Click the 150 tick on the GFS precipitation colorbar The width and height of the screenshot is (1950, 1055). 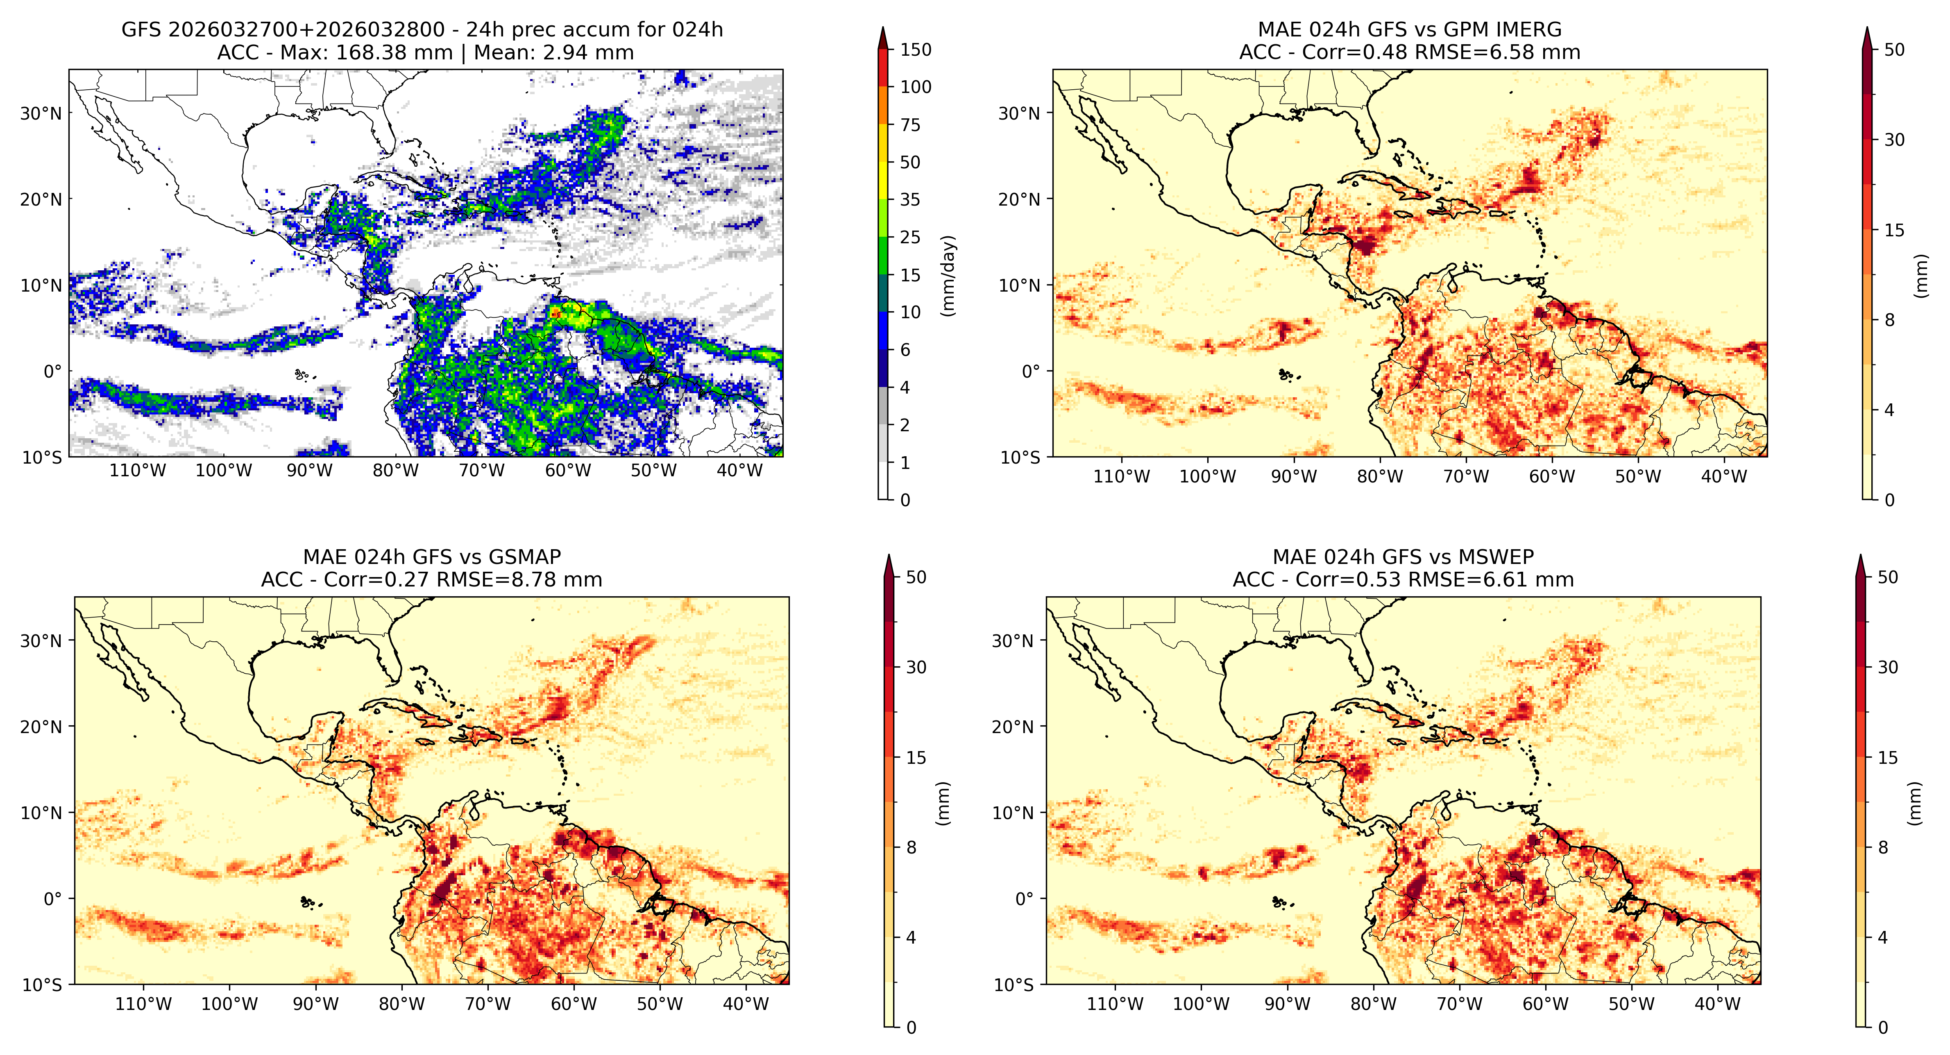(x=915, y=50)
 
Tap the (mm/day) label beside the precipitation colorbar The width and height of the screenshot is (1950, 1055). (x=948, y=276)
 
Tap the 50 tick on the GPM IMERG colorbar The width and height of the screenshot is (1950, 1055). (x=1894, y=50)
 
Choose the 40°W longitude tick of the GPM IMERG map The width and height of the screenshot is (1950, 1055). (x=1724, y=477)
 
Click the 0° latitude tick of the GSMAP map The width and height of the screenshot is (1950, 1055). (x=53, y=899)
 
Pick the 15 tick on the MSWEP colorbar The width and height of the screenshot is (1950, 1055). (x=1888, y=758)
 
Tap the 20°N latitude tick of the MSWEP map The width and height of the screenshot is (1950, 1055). (x=1013, y=727)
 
